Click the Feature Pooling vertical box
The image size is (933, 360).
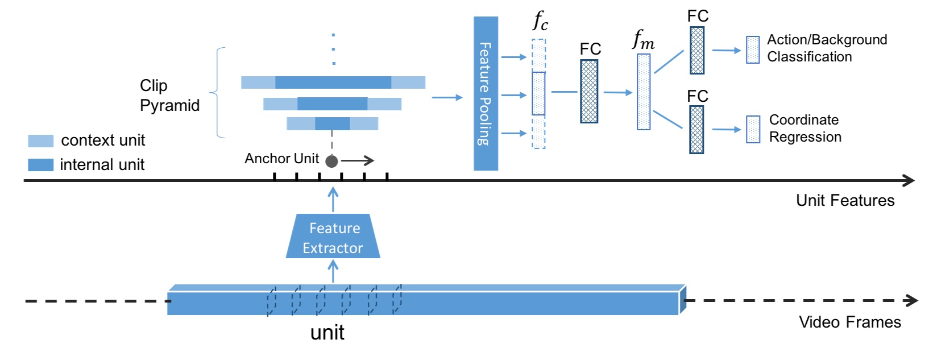tap(486, 93)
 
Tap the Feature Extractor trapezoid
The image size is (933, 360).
tap(333, 237)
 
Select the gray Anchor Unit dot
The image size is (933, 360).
tap(331, 162)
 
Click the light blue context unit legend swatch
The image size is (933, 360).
tap(41, 140)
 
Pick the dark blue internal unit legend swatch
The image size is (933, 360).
tap(41, 165)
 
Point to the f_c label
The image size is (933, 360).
tap(540, 22)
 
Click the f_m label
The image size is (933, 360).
tap(643, 40)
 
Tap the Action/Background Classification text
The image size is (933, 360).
tap(826, 48)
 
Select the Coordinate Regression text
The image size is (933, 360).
tap(805, 129)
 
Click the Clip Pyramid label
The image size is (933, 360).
tap(169, 96)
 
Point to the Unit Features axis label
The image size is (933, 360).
tap(845, 200)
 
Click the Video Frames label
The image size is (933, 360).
tap(849, 322)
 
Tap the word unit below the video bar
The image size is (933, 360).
tap(327, 333)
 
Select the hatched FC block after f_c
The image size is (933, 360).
tap(589, 92)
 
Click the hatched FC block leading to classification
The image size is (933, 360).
tap(697, 51)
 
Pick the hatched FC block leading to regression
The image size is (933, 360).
tap(696, 130)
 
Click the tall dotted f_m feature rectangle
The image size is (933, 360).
tap(644, 92)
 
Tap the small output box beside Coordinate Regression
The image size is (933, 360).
tap(753, 130)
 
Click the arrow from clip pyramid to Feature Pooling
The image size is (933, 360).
tap(447, 98)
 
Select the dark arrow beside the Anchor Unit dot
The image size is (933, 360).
tap(358, 161)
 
